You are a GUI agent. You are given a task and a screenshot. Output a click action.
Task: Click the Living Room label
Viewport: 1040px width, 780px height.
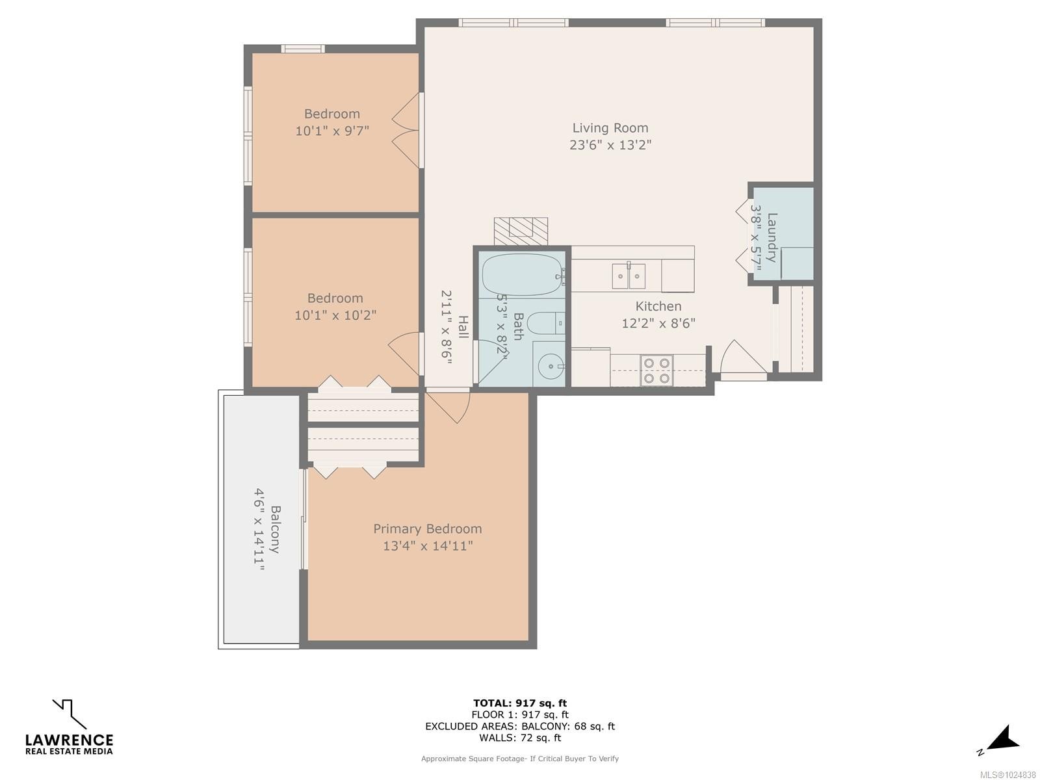(x=610, y=128)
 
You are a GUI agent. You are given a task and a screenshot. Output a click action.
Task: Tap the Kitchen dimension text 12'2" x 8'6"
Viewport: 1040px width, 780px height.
(x=658, y=323)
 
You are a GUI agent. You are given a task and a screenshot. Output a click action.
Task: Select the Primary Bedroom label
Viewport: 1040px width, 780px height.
(x=427, y=528)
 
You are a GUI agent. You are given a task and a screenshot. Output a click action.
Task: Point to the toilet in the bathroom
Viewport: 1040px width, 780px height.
(x=545, y=324)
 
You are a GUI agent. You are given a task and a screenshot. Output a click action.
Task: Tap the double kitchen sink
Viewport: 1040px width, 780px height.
(x=629, y=276)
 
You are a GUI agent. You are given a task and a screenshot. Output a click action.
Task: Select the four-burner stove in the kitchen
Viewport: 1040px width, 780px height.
(x=656, y=370)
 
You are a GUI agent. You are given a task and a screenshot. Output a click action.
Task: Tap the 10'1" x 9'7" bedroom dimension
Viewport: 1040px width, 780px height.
(x=332, y=131)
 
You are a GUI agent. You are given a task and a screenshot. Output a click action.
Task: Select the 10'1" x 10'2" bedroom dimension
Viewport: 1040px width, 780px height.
(x=335, y=315)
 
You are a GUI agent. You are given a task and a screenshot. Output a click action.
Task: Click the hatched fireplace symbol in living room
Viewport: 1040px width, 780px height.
(x=521, y=231)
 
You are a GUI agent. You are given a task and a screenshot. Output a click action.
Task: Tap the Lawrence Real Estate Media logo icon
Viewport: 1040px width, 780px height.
(x=70, y=714)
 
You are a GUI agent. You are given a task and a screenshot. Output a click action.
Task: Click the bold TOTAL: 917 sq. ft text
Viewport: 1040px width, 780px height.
(x=520, y=703)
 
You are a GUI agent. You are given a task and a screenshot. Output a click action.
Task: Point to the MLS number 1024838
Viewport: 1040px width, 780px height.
(x=1007, y=775)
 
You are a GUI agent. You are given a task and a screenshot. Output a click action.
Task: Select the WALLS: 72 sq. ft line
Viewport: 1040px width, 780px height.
(x=520, y=737)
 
